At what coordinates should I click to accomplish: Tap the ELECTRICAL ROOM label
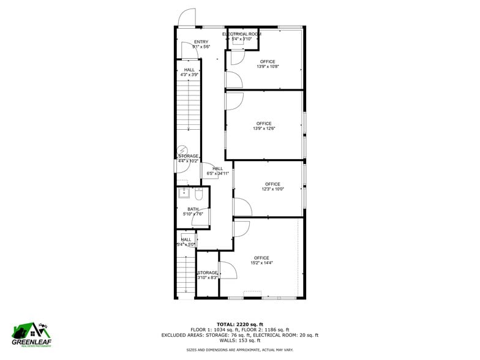[242, 36]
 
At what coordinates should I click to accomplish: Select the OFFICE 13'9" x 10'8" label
[268, 64]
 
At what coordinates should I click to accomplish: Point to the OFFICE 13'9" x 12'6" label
[264, 126]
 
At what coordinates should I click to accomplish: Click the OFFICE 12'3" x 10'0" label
[272, 186]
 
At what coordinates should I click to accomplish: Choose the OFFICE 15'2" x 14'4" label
[261, 260]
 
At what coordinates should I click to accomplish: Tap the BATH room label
[193, 211]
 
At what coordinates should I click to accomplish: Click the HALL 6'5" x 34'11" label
[217, 171]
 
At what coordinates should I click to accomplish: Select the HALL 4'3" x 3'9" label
[189, 72]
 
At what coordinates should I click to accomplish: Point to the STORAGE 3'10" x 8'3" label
[208, 275]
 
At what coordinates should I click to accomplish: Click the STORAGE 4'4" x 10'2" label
[188, 159]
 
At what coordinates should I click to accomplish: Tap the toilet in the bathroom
[198, 194]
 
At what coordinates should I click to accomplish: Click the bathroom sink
[184, 194]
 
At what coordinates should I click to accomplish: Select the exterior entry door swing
[186, 18]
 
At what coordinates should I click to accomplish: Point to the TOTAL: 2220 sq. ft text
[239, 324]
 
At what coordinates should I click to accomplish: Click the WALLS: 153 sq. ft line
[239, 340]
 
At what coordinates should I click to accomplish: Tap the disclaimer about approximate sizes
[239, 350]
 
